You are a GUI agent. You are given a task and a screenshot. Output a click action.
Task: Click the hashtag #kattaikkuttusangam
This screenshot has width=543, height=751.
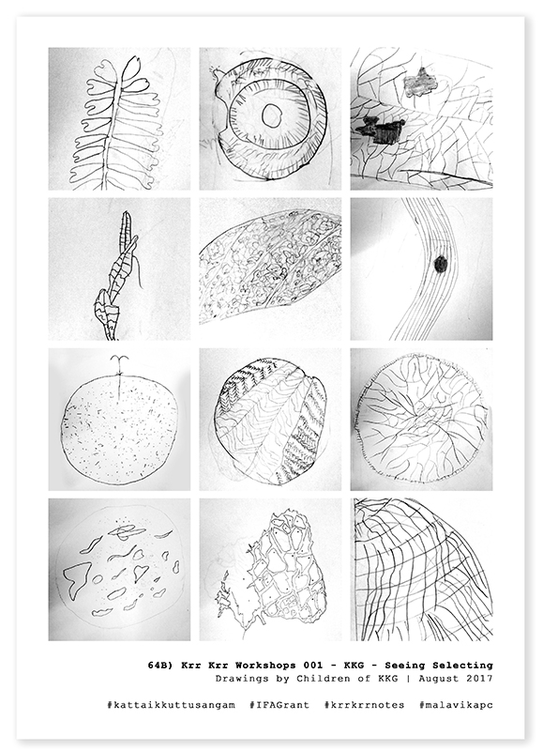(x=172, y=705)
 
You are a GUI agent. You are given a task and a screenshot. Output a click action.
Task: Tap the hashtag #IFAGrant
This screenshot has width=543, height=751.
(x=279, y=705)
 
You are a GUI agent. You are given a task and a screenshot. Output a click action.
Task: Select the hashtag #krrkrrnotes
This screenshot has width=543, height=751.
(x=364, y=705)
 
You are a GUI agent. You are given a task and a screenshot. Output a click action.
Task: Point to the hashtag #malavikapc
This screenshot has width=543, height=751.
(x=456, y=705)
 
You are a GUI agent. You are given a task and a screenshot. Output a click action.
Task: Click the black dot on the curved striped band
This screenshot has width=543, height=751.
(x=440, y=264)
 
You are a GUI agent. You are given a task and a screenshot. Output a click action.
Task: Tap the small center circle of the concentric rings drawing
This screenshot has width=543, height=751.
(x=272, y=115)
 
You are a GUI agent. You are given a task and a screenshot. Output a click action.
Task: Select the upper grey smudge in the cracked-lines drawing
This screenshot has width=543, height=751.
(x=420, y=82)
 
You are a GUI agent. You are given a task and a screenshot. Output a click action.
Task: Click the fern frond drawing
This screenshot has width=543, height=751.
(x=113, y=120)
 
